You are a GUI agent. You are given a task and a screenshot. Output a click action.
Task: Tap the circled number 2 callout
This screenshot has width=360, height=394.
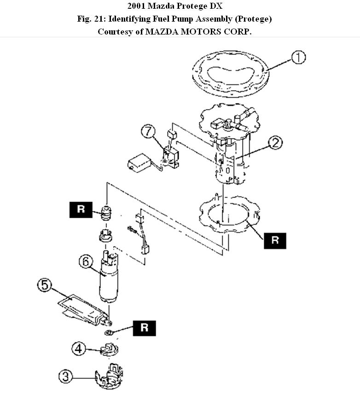pyautogui.click(x=275, y=143)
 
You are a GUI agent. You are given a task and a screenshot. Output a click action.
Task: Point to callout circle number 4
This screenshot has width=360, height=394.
pyautogui.click(x=79, y=349)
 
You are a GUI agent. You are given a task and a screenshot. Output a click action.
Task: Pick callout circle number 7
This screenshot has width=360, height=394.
pyautogui.click(x=148, y=132)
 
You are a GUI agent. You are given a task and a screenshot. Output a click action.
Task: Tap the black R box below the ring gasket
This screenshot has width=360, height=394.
pyautogui.click(x=275, y=240)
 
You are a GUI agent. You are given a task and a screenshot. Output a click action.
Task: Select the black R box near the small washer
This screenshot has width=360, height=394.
pyautogui.click(x=145, y=328)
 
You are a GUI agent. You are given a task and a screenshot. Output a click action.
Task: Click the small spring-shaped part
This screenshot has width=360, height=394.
pyautogui.click(x=107, y=214)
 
